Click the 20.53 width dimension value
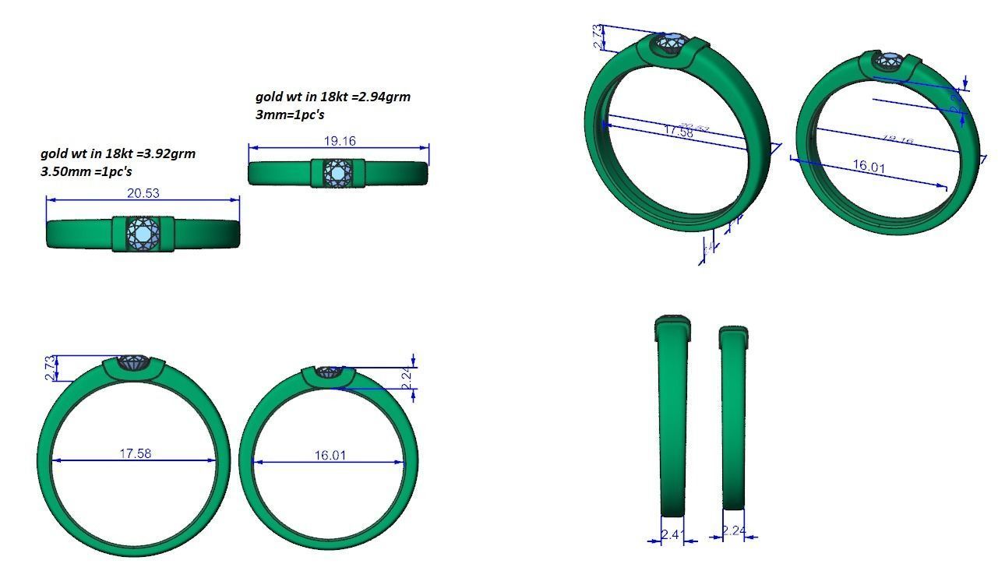click(x=143, y=193)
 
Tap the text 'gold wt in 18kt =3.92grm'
click(x=118, y=153)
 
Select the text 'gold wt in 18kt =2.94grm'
click(x=333, y=97)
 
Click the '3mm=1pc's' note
click(x=290, y=115)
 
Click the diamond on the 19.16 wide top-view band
click(x=339, y=172)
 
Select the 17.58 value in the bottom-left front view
click(x=136, y=453)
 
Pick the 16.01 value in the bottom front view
click(x=330, y=455)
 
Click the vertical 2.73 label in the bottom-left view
click(x=50, y=368)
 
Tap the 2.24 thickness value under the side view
click(x=734, y=531)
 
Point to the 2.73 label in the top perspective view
click(x=598, y=37)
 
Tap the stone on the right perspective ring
click(x=890, y=59)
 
